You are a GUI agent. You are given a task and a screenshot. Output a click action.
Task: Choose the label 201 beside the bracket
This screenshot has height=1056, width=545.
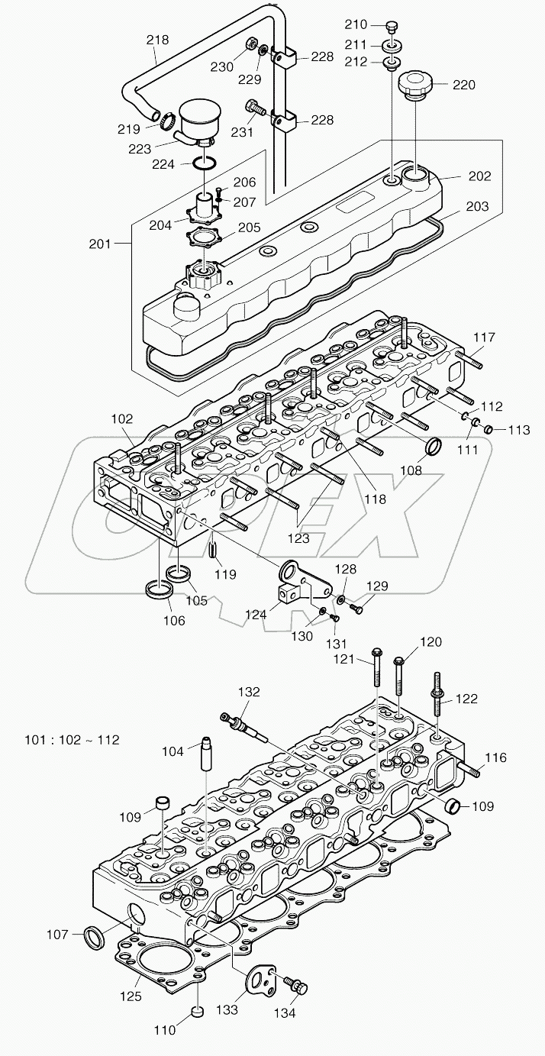tap(99, 244)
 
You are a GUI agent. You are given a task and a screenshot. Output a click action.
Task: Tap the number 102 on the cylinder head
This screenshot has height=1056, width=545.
tap(121, 419)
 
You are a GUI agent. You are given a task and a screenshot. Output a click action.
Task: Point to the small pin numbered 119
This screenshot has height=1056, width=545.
tap(215, 548)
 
